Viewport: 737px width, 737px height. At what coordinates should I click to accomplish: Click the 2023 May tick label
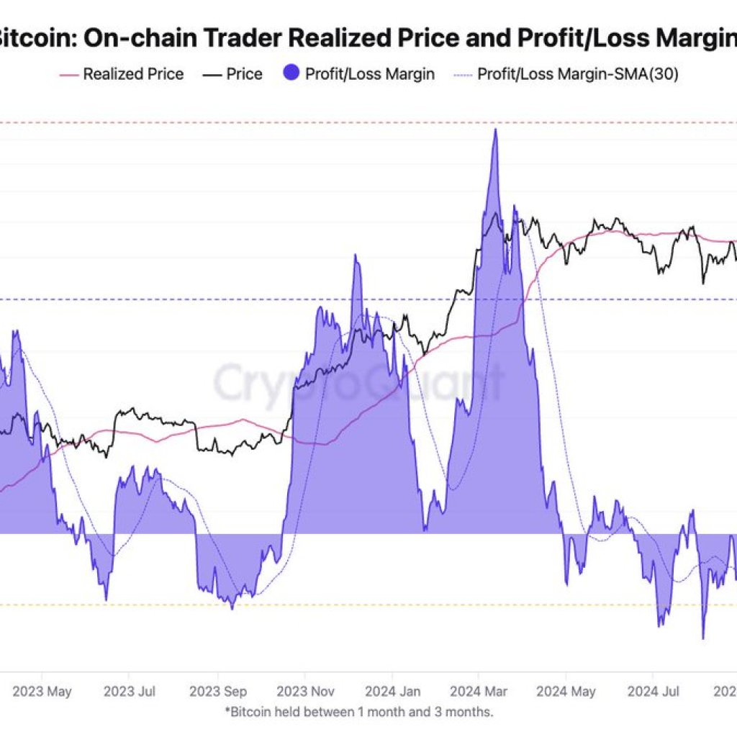[x=42, y=692]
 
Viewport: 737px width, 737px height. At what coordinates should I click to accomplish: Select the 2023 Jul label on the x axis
[x=130, y=692]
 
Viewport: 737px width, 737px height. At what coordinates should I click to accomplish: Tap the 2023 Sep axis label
[x=219, y=692]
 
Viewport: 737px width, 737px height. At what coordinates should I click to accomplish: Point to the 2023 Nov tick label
[x=306, y=692]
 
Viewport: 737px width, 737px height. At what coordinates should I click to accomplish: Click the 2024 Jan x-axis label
[x=394, y=692]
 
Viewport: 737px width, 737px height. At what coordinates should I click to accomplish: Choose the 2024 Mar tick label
[x=479, y=692]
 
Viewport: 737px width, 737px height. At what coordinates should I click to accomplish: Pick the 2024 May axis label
[x=566, y=692]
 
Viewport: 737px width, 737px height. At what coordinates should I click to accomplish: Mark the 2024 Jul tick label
[x=653, y=692]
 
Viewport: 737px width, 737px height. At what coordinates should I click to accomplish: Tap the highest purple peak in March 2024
[x=494, y=130]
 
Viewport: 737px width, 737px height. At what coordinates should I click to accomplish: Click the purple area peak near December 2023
[x=355, y=256]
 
